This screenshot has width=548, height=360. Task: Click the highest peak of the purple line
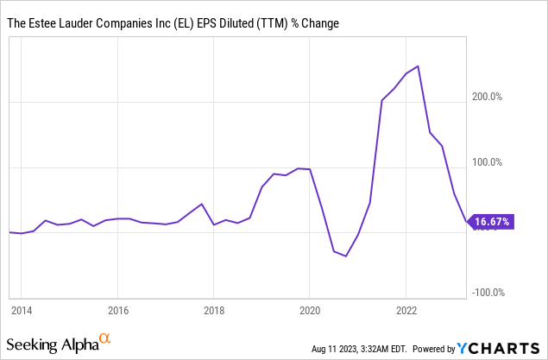click(x=419, y=66)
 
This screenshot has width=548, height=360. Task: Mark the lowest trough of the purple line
click(x=346, y=256)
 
